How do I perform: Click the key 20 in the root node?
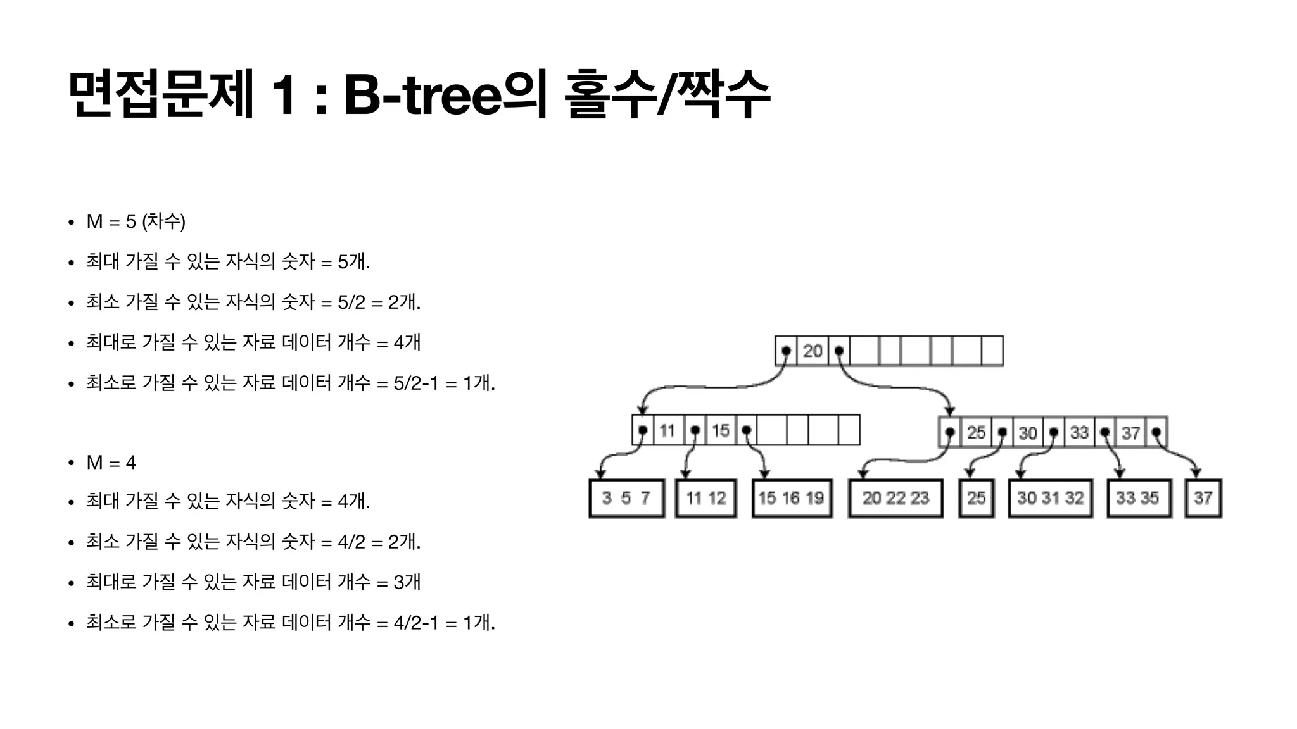813,351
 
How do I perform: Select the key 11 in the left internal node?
667,431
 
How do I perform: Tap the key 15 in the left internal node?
720,431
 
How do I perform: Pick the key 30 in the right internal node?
1027,433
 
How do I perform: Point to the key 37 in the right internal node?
1130,433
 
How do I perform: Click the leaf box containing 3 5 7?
626,499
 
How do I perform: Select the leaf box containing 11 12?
705,499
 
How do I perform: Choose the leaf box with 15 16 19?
792,499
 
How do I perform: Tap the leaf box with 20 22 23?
895,499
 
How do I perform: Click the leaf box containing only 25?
976,499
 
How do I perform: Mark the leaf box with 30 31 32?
1051,499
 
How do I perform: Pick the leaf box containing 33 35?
1138,499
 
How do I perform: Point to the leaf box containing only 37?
1203,499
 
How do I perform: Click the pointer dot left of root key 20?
786,351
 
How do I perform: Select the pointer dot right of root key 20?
839,351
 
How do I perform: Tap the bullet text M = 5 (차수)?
136,221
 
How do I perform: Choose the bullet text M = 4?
111,463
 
